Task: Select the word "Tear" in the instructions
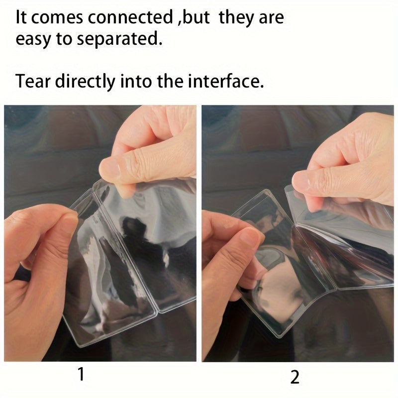[x=33, y=81]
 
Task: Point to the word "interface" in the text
[x=225, y=81]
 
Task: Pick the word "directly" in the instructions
[x=85, y=81]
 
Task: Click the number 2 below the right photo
[x=295, y=377]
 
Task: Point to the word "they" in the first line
[x=236, y=18]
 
